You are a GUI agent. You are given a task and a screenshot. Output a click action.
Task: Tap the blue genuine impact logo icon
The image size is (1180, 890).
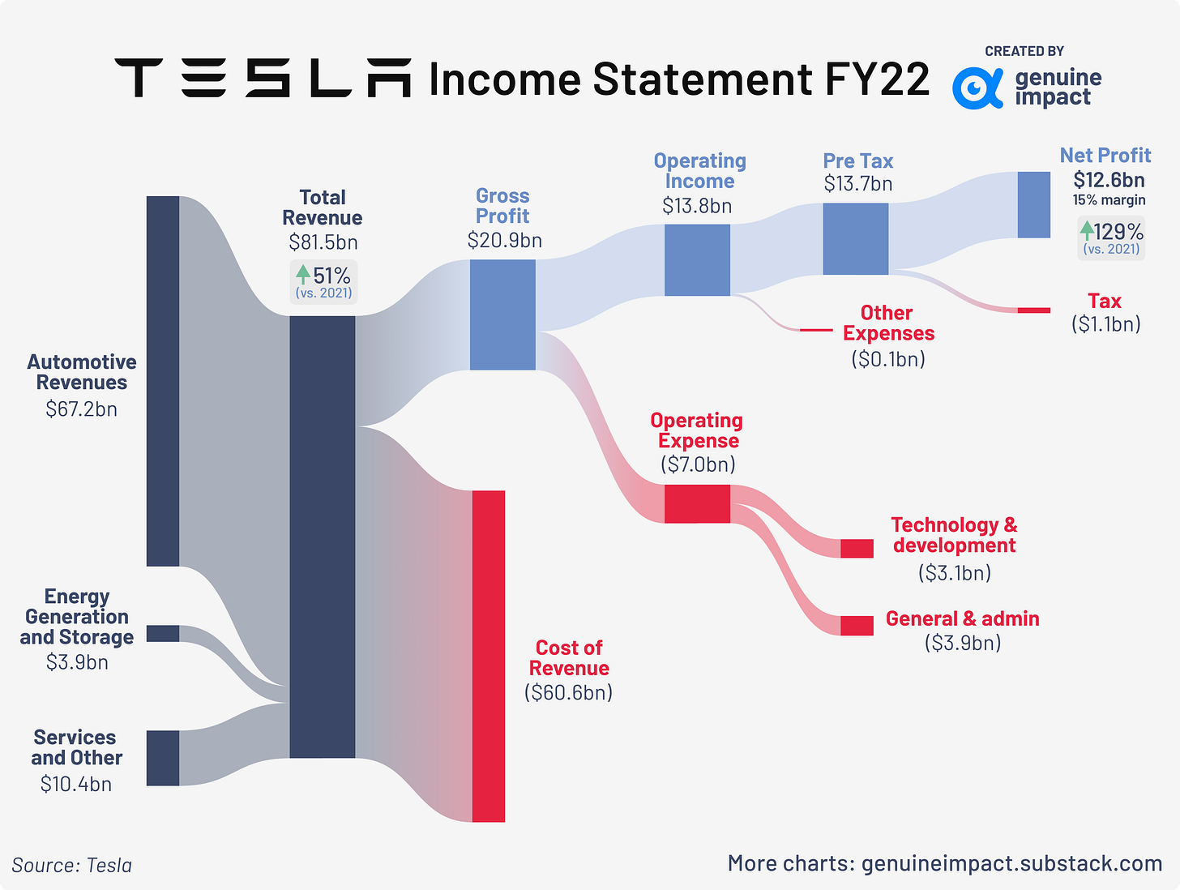coord(977,88)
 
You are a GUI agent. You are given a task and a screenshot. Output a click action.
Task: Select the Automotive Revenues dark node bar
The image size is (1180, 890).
coord(162,381)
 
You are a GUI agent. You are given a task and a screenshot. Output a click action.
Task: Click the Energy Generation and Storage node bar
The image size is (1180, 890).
coord(162,633)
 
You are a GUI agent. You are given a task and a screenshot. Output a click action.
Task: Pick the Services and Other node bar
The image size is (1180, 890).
coord(162,758)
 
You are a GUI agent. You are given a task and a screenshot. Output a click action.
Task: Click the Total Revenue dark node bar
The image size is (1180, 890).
coord(322,537)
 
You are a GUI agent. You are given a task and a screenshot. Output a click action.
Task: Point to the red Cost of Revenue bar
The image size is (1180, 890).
coord(488,656)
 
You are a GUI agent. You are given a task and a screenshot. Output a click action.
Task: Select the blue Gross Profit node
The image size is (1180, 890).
coord(502,314)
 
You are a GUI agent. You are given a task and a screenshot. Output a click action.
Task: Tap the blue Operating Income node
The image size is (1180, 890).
coord(697,259)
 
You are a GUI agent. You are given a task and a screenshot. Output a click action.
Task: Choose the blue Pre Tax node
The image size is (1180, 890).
coord(855,238)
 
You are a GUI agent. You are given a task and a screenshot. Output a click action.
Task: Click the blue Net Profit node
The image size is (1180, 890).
coord(1033,204)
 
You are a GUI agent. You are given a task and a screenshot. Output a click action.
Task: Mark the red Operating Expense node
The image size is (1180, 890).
coord(697,503)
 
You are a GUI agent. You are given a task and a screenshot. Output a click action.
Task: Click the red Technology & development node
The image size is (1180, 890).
coord(857,548)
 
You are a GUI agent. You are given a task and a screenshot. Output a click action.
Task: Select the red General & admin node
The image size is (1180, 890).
coord(857,625)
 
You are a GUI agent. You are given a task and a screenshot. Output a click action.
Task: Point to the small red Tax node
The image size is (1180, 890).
coord(1033,310)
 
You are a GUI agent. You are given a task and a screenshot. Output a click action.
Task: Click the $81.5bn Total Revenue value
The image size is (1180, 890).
coord(323,242)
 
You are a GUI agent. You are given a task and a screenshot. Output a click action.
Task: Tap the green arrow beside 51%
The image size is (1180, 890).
coord(303,274)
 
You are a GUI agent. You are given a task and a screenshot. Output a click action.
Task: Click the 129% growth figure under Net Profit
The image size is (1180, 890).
coord(1118,232)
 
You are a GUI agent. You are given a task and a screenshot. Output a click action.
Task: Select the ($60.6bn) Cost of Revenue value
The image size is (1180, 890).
coord(568,692)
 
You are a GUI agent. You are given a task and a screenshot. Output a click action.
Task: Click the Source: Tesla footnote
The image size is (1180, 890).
coord(72,865)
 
